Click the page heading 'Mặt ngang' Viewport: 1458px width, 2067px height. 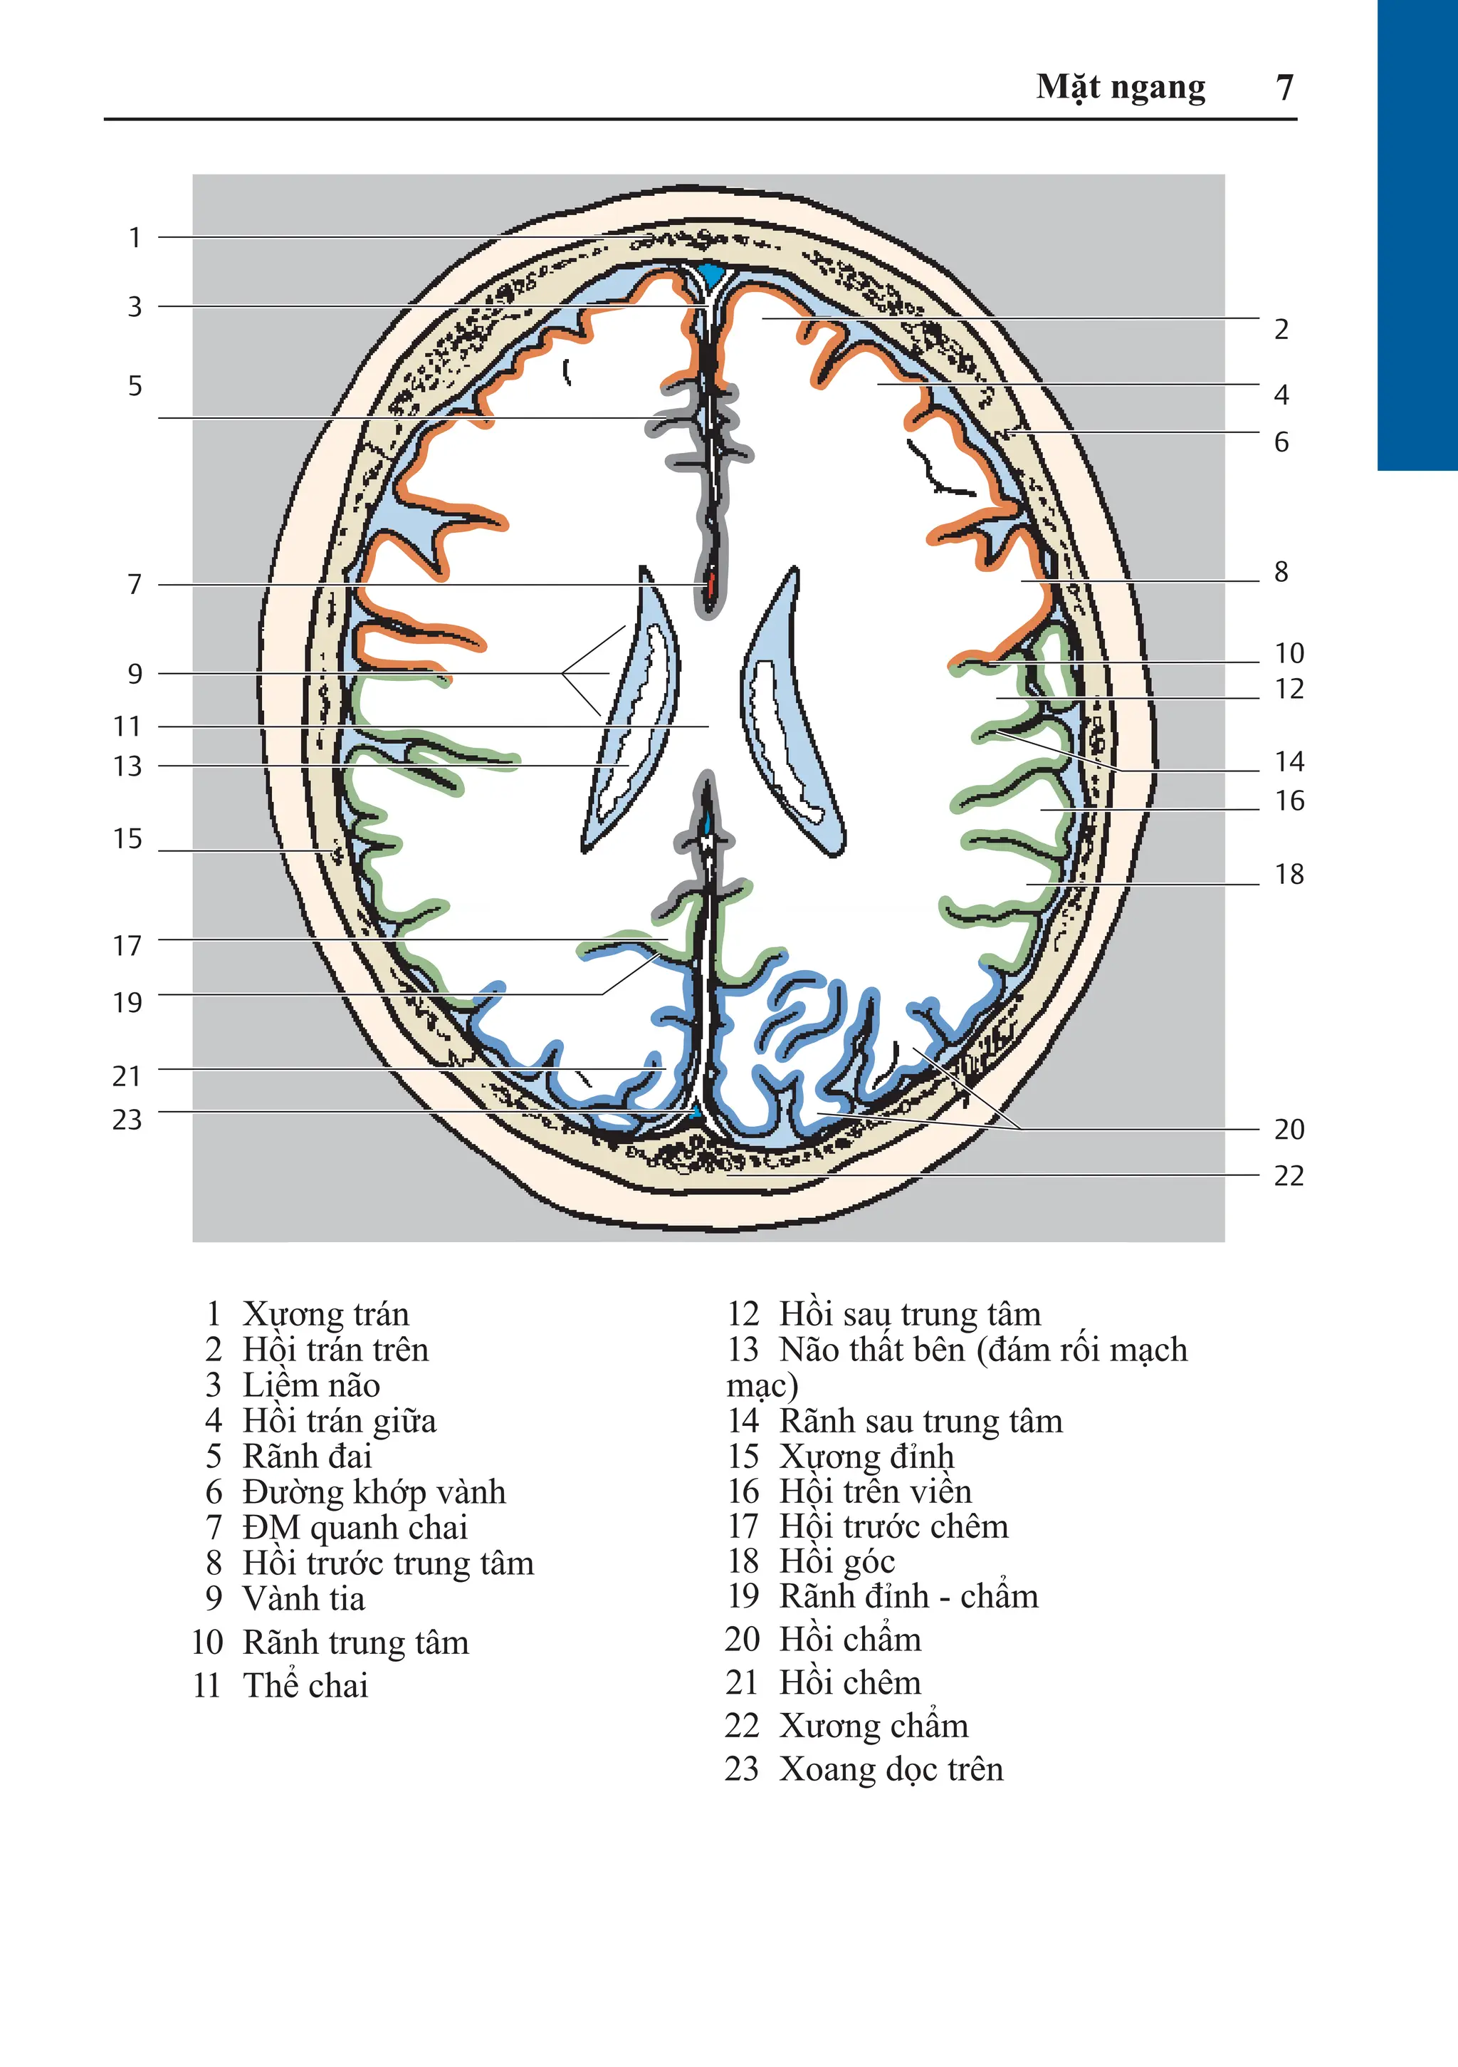(x=1121, y=88)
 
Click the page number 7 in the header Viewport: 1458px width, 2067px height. (x=1284, y=88)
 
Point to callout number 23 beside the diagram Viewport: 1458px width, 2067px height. (x=127, y=1119)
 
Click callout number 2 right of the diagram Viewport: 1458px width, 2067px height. (x=1281, y=330)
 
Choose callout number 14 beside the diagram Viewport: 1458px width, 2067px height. (x=1289, y=761)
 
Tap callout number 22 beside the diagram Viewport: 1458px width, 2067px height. (x=1289, y=1176)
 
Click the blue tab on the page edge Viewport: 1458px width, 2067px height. (x=1417, y=234)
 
